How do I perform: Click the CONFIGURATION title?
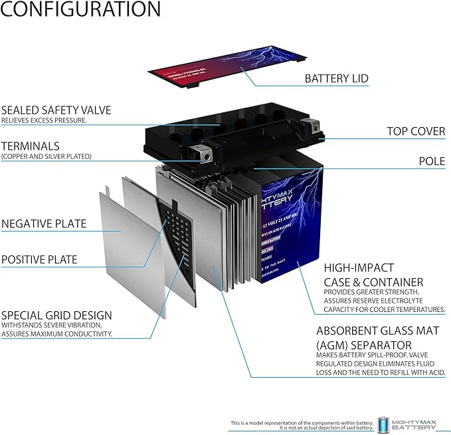pyautogui.click(x=80, y=9)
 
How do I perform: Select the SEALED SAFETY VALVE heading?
pyautogui.click(x=56, y=110)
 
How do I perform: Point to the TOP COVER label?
pyautogui.click(x=416, y=132)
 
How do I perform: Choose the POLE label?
pyautogui.click(x=431, y=161)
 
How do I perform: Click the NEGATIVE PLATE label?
pyautogui.click(x=44, y=223)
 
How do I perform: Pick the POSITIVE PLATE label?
pyautogui.click(x=39, y=259)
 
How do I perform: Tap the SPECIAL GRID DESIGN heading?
pyautogui.click(x=56, y=315)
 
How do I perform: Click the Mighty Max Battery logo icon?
pyautogui.click(x=384, y=424)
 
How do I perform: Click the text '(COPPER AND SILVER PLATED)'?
pyautogui.click(x=46, y=156)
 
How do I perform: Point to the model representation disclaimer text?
pyautogui.click(x=300, y=424)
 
